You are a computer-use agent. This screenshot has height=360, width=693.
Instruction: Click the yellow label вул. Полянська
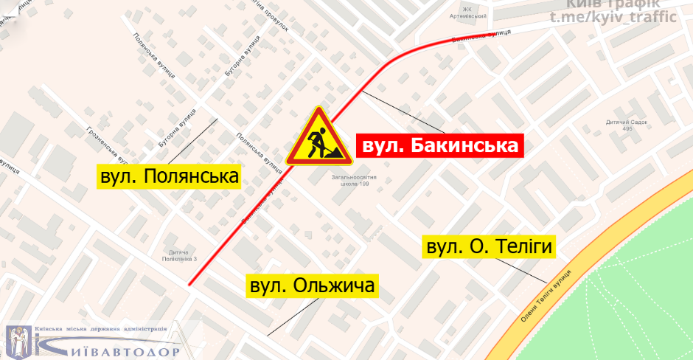pos(171,177)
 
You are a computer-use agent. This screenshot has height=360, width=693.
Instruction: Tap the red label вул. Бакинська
pos(439,145)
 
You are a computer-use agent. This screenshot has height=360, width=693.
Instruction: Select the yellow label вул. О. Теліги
pos(488,246)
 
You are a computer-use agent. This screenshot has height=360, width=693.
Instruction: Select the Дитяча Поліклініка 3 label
pos(184,256)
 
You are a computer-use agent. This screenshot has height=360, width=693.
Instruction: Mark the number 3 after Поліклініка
pos(198,259)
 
